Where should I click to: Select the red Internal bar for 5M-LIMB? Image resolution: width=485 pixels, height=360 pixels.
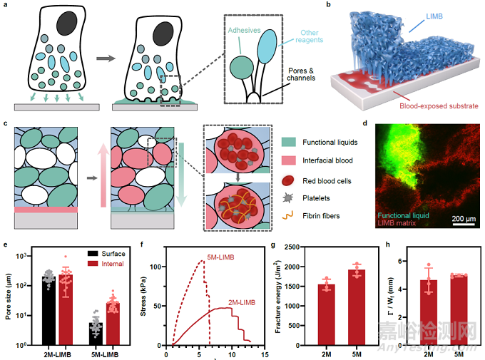[x=112, y=324]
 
